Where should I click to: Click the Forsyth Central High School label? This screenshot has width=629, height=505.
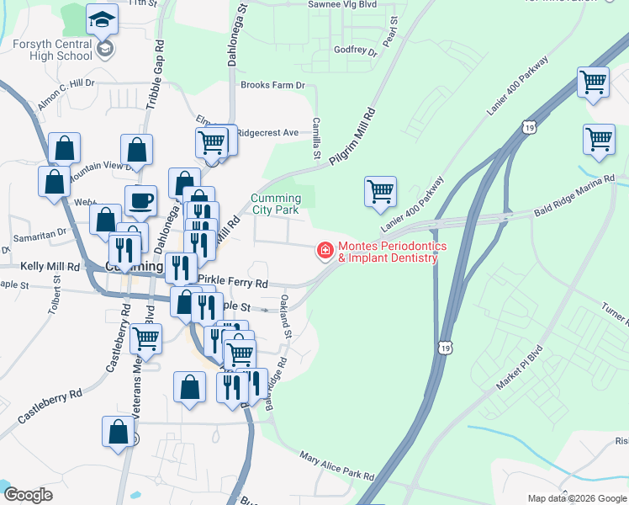pos(52,49)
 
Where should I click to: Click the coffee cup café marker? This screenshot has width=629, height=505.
pos(140,201)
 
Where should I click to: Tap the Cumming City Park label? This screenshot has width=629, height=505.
pos(275,204)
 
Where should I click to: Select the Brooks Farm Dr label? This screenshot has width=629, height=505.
pos(272,85)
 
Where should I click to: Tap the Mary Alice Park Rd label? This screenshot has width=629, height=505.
pos(336,465)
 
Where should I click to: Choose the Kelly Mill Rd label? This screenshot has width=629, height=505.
pos(50,266)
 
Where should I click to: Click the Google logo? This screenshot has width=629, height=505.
pos(28,495)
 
